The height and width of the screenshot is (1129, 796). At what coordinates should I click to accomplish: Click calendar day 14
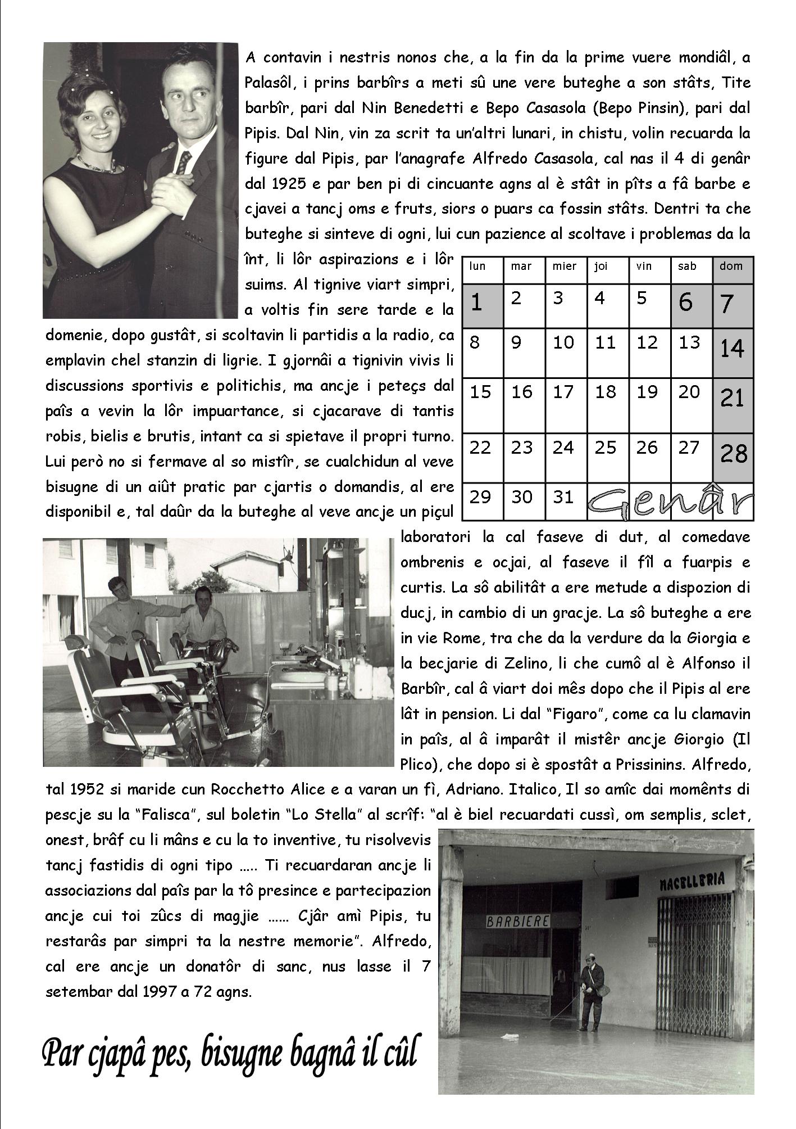(733, 350)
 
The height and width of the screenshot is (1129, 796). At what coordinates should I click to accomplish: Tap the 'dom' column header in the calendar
(731, 267)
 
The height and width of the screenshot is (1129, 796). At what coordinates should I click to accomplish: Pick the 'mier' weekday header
(565, 267)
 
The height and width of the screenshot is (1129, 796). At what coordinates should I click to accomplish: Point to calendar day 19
(647, 392)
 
